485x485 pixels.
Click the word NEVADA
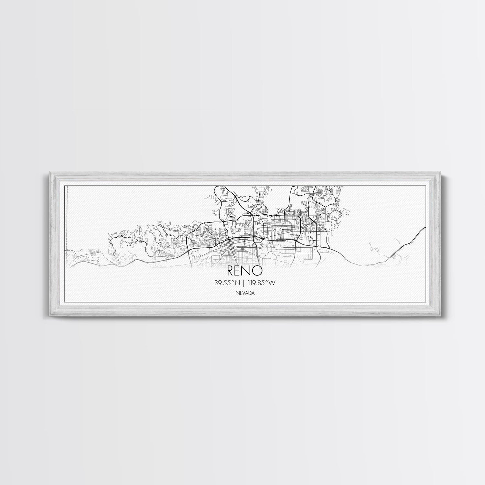tap(244, 293)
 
